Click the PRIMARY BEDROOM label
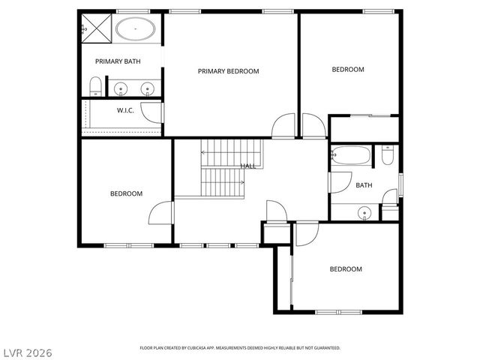228,71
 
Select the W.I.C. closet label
124,110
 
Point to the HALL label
247,166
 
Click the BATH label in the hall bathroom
364,185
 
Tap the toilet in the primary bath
95,86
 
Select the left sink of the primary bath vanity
122,89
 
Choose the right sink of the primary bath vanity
148,89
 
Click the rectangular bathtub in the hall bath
351,156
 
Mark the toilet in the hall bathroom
387,155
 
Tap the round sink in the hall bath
364,213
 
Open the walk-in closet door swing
153,113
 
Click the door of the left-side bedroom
160,213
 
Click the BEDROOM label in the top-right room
348,70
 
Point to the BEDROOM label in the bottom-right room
346,269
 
